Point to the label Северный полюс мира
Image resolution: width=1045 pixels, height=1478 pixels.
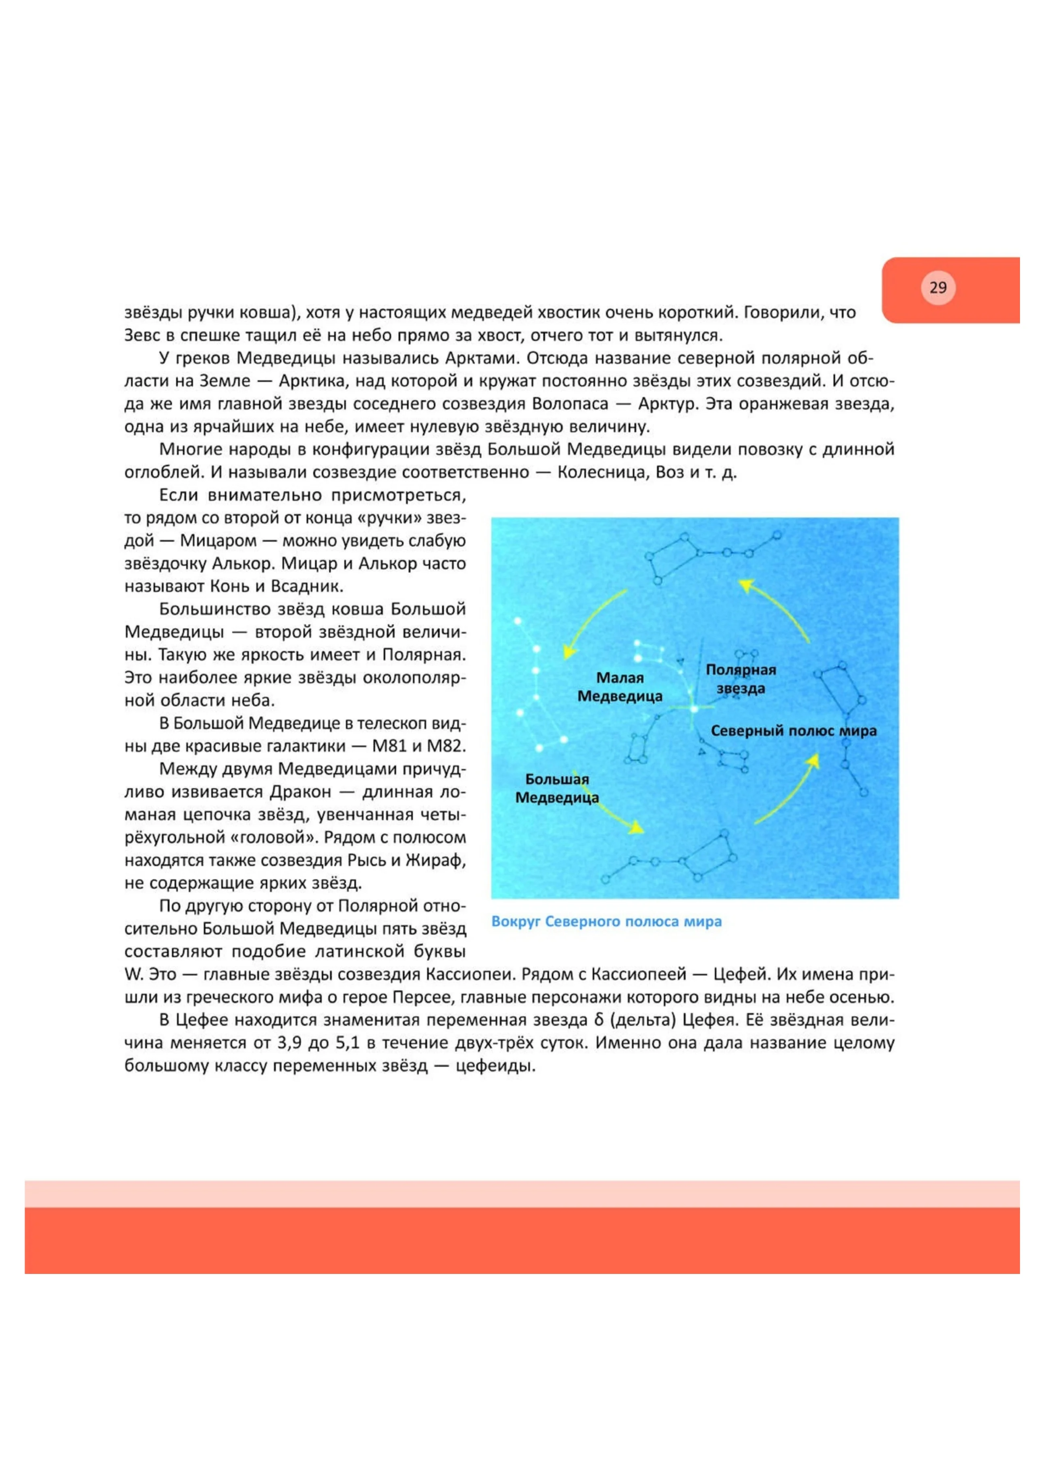(x=793, y=731)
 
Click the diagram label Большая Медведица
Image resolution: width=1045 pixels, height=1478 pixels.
(x=557, y=788)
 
